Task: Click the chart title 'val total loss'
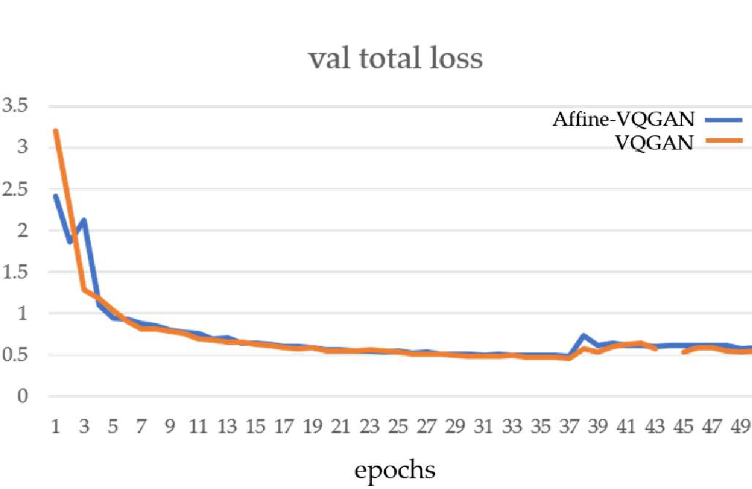[x=396, y=59]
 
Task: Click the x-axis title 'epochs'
[x=394, y=469]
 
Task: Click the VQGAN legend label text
[x=654, y=142]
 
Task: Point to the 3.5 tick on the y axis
[x=15, y=106]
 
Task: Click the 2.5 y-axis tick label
[x=15, y=189]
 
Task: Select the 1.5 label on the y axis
[x=15, y=272]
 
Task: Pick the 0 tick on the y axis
[x=22, y=396]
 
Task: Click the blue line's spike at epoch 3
[x=84, y=220]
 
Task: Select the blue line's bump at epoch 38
[x=583, y=336]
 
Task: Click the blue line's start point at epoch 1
[x=56, y=196]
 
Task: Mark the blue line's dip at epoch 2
[x=70, y=241]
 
